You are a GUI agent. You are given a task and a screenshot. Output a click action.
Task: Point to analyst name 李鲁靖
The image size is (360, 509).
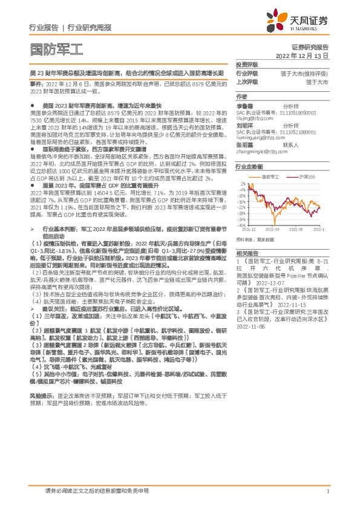[x=244, y=105]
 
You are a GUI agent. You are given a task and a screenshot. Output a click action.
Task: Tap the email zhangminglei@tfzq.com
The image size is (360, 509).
[x=263, y=152]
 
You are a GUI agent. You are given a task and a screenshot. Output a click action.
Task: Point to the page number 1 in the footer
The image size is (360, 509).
[x=327, y=491]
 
